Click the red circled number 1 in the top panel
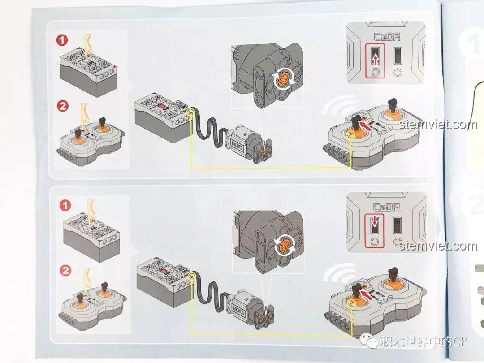(62, 40)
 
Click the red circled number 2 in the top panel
(63, 106)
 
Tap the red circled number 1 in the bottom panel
(65, 205)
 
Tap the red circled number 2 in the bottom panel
(65, 271)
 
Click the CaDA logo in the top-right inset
(387, 37)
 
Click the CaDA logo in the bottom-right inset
(386, 207)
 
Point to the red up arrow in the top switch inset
(375, 59)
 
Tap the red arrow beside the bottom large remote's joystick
(367, 294)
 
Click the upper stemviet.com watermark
(438, 125)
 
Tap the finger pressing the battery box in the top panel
(88, 46)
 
